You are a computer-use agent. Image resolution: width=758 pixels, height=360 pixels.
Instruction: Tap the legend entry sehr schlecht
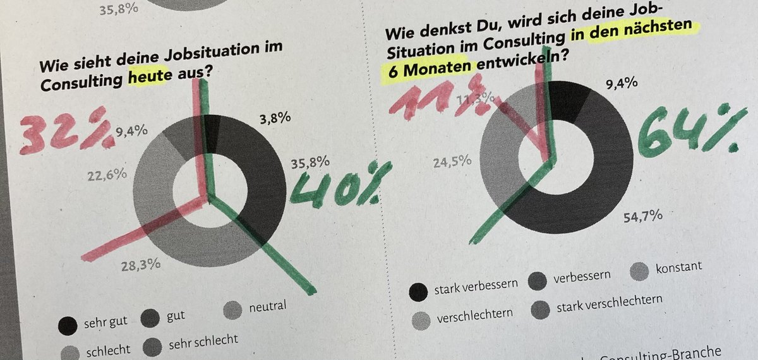[203, 341]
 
